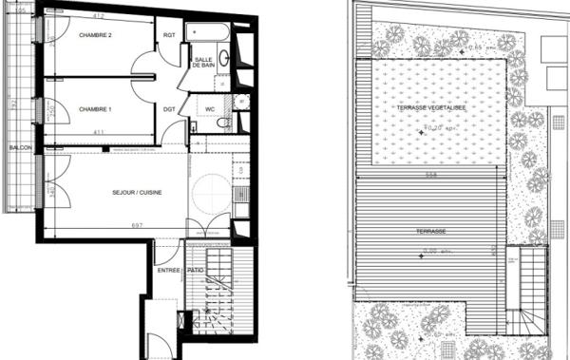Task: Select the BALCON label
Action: tap(20, 149)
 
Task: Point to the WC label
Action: tap(210, 109)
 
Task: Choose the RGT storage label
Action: tap(170, 36)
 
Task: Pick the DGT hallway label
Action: tap(169, 109)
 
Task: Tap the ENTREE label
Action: tap(169, 271)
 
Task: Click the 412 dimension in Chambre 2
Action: tap(96, 17)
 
